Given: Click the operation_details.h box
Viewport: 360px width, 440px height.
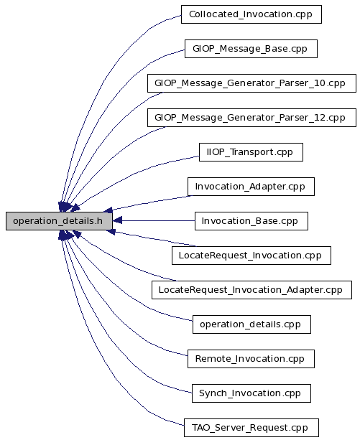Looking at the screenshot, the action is pos(59,221).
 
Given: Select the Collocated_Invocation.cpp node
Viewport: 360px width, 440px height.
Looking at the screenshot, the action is pos(251,14).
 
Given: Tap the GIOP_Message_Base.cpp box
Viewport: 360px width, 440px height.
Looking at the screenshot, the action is pos(251,49).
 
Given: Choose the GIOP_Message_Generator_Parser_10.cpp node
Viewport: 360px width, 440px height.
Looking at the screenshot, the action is pos(251,83).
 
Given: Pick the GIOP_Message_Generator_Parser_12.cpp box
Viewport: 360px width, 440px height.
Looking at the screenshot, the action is pos(251,118).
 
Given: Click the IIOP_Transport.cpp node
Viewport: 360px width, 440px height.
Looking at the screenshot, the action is pos(251,152).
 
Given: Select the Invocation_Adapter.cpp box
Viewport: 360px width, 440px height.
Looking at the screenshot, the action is pos(251,187).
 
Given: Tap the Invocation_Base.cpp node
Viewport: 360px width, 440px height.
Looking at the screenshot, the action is pos(251,221).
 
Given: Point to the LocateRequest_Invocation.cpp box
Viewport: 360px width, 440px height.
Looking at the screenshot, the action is pos(251,256).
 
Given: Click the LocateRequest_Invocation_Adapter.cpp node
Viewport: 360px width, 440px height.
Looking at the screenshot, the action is pos(251,290).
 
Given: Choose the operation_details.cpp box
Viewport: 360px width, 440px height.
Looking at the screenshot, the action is pos(251,324).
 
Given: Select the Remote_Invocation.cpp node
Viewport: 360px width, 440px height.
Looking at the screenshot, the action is pos(251,359).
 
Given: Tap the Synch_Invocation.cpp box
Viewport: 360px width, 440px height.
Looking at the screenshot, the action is pos(251,393).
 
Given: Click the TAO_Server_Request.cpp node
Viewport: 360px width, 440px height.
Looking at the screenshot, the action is pos(251,428).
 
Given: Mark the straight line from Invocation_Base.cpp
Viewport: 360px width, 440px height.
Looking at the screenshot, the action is pos(158,221).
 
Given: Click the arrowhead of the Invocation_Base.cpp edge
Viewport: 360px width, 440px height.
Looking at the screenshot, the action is pos(117,221).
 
